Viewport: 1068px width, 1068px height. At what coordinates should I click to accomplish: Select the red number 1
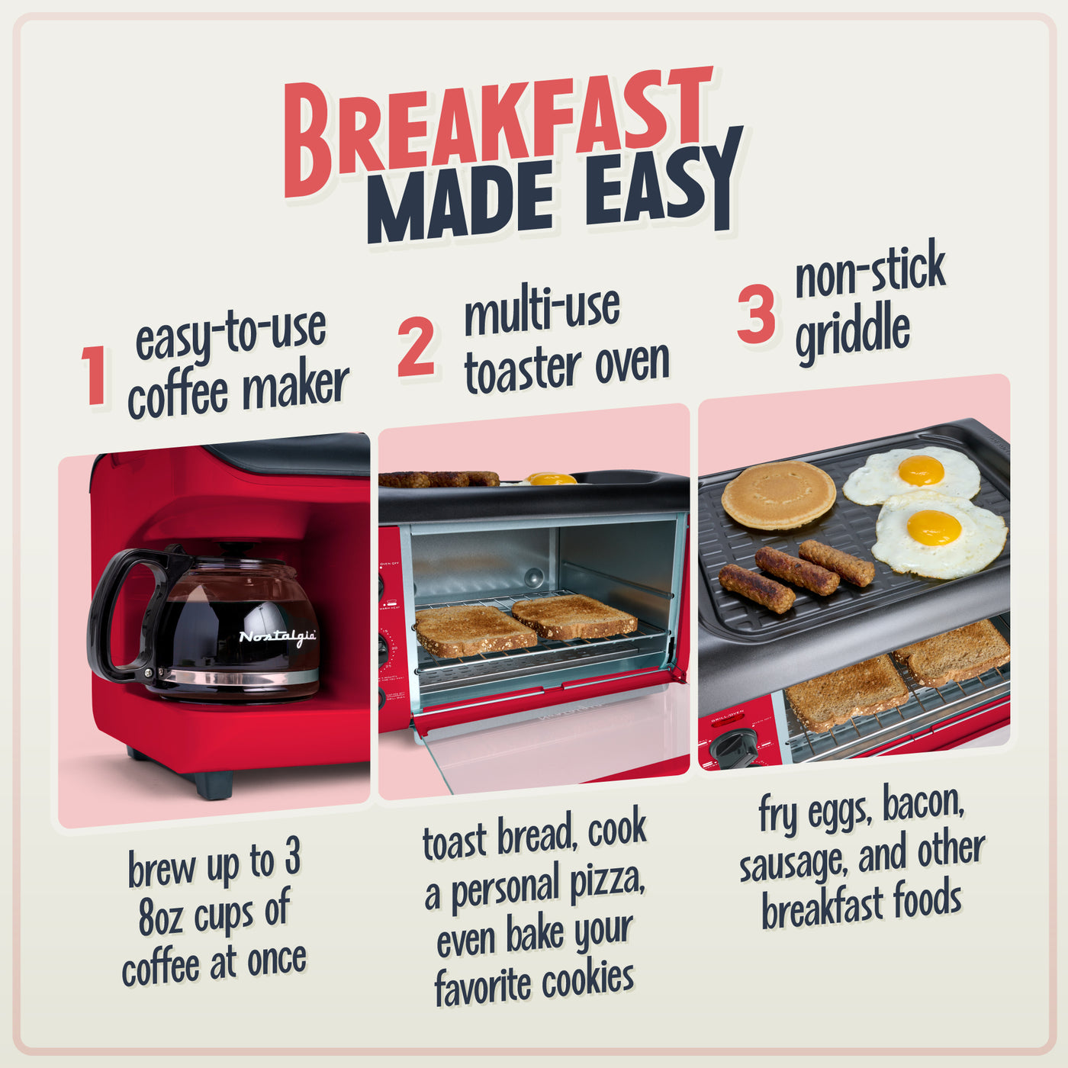95,375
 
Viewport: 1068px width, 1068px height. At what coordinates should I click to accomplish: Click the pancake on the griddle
778,494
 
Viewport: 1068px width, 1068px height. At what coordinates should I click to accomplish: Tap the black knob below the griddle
734,748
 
